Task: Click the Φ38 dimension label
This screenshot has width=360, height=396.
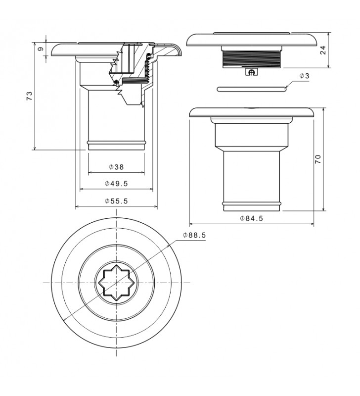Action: [x=116, y=167]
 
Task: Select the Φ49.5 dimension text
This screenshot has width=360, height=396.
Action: [x=116, y=184]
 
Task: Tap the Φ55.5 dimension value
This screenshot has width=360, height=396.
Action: [x=116, y=201]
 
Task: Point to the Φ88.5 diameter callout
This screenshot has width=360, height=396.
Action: [x=194, y=236]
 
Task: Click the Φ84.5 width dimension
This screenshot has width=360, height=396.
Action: [x=251, y=218]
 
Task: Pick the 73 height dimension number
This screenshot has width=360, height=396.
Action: [x=30, y=96]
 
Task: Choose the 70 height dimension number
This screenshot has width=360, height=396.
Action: [x=318, y=159]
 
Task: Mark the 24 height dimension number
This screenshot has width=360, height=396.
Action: [x=323, y=50]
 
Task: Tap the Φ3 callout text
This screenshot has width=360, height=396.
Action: [x=304, y=76]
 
